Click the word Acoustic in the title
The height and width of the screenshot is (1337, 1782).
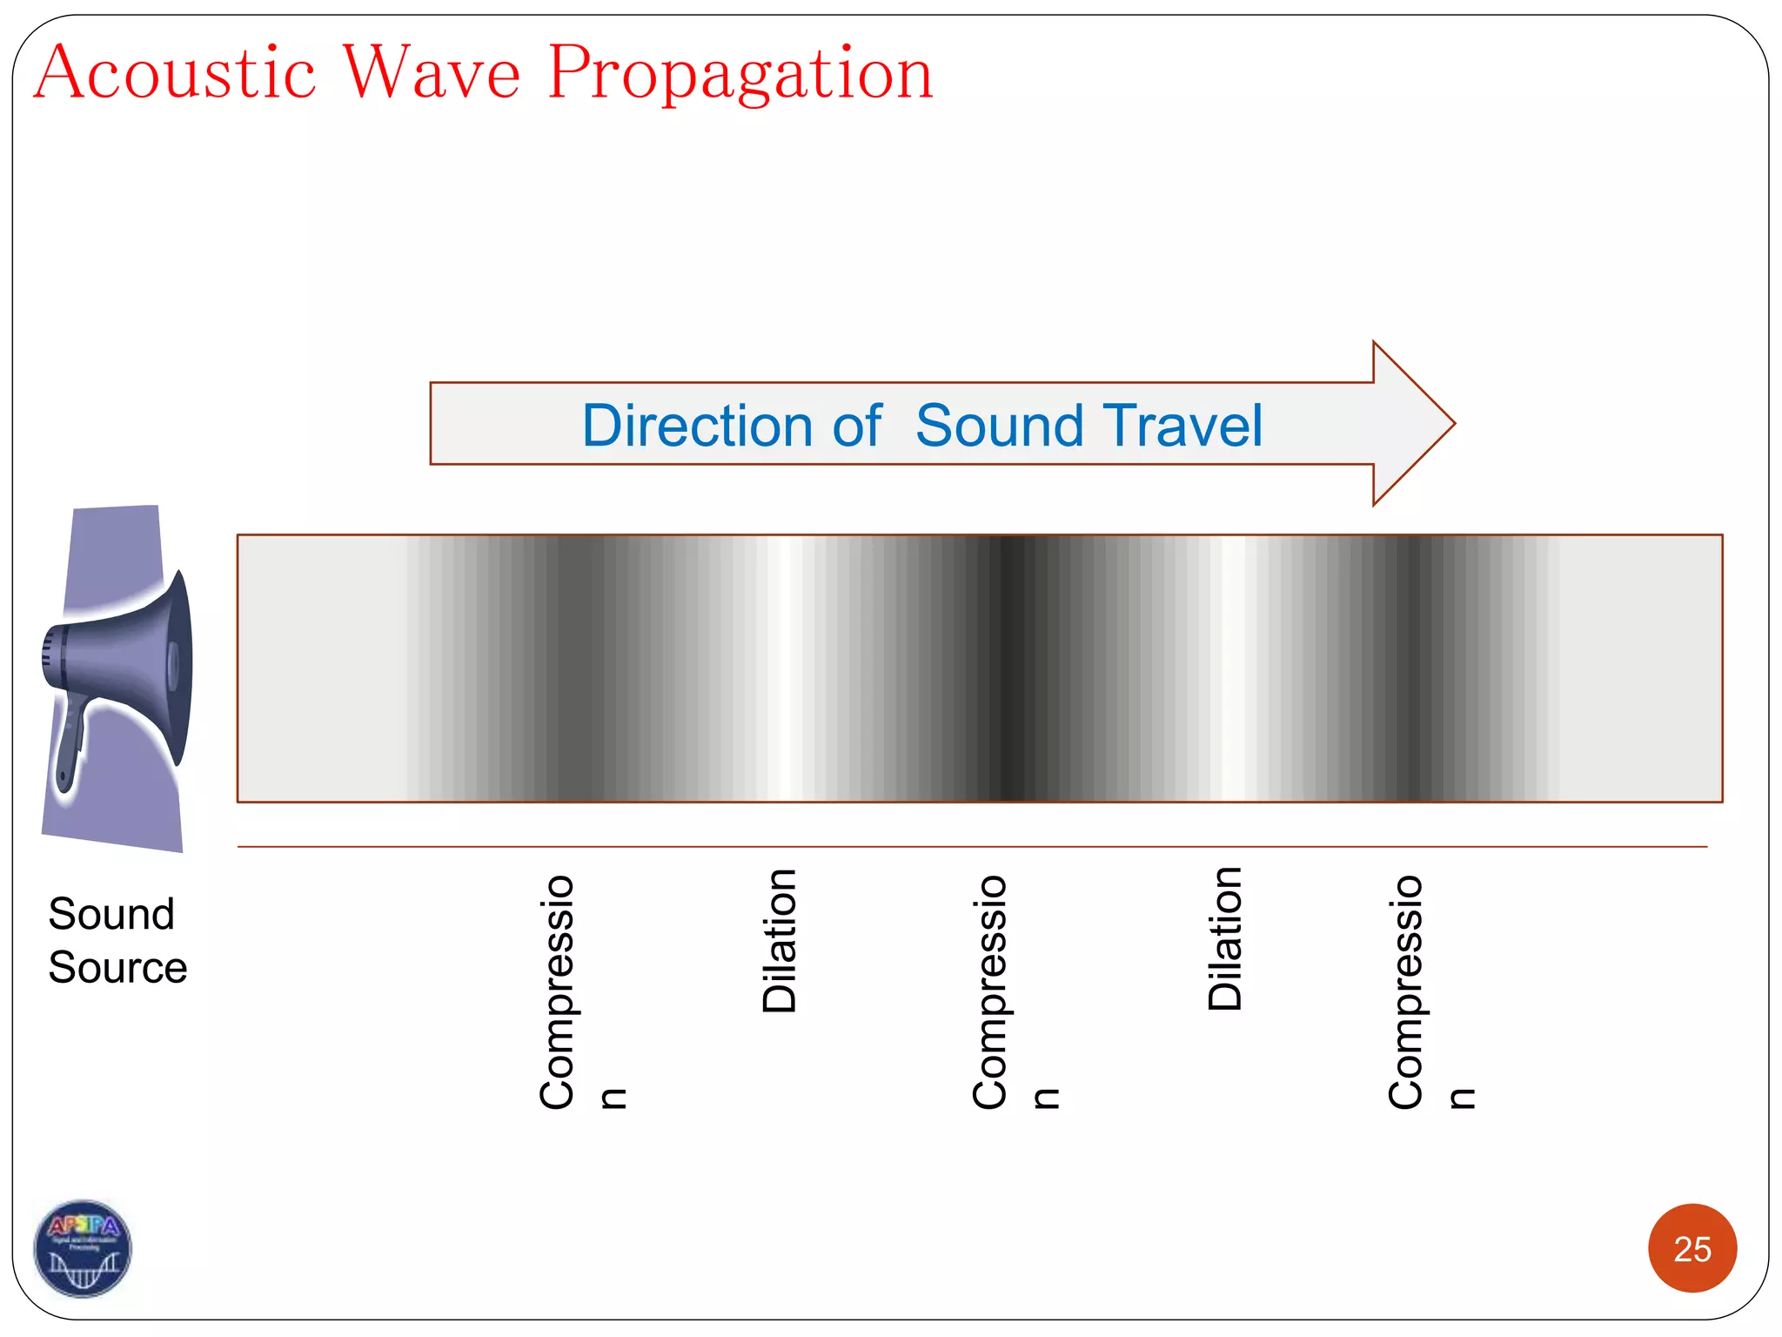tap(174, 73)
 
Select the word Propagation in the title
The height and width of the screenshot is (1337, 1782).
tap(740, 75)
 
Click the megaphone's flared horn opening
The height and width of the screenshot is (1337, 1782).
tap(178, 666)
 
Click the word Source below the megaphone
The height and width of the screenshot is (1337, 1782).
tap(117, 968)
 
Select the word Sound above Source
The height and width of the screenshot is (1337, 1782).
tap(111, 914)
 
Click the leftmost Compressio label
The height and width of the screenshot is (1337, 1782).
tap(557, 992)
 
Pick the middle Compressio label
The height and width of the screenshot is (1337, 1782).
tap(989, 992)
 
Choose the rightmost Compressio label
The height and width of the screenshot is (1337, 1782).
tap(1405, 992)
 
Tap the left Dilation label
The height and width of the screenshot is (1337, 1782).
tap(780, 941)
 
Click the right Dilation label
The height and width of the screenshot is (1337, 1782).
tap(1225, 938)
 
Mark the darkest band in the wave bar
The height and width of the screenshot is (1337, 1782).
tap(1009, 668)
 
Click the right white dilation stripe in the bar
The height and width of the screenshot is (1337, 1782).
tap(1232, 668)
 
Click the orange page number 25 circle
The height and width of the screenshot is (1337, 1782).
tap(1692, 1248)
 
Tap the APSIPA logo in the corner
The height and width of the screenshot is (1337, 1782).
tap(83, 1248)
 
